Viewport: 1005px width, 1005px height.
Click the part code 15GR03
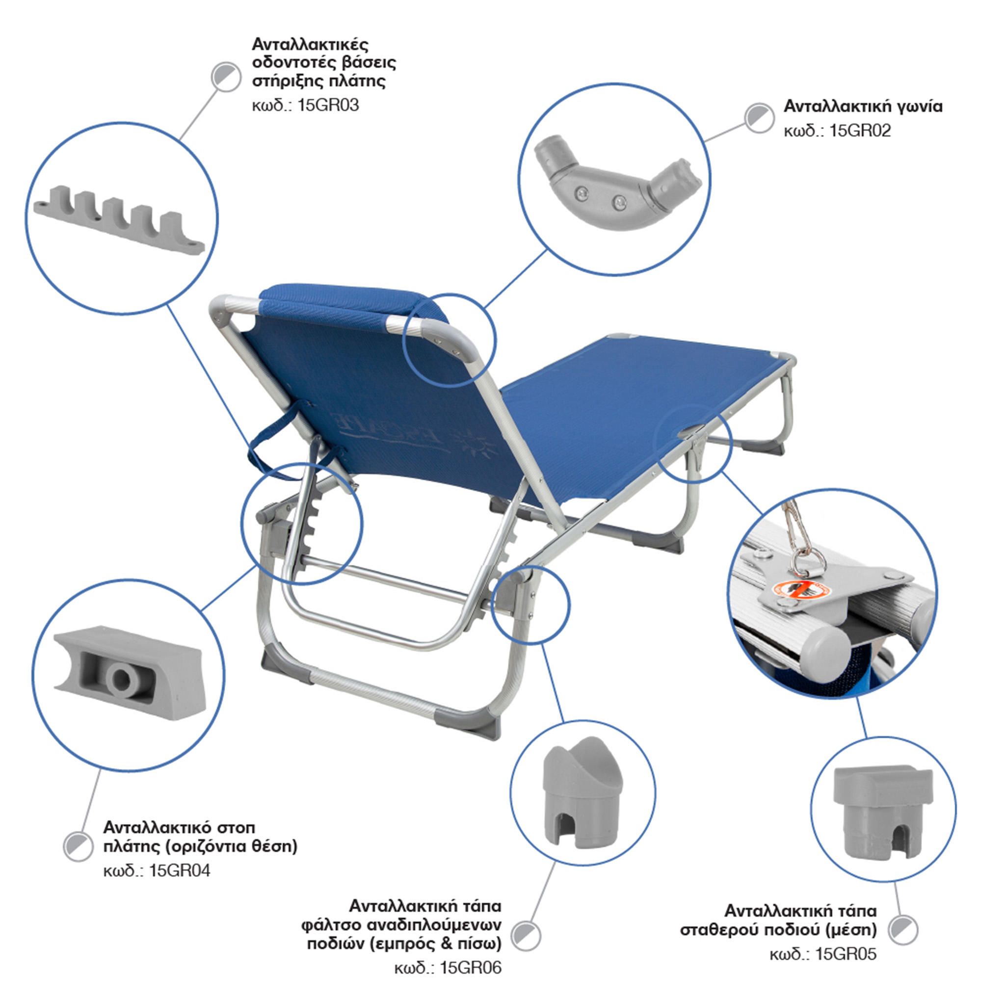328,106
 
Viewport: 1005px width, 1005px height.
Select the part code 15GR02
860,130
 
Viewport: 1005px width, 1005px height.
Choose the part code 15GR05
846,954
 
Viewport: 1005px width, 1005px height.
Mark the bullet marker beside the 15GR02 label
759,118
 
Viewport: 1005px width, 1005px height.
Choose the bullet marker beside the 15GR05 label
903,929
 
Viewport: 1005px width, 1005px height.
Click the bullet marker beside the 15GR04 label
79,846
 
